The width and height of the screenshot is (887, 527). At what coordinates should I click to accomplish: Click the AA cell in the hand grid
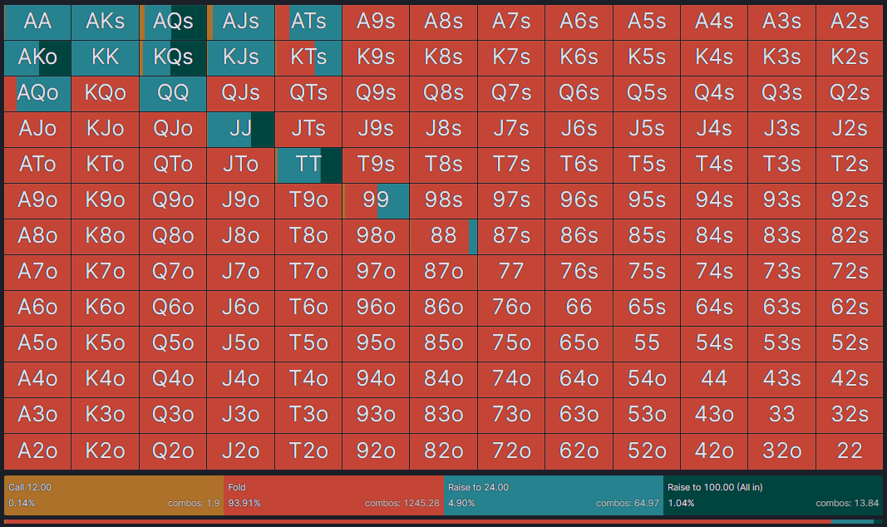(37, 22)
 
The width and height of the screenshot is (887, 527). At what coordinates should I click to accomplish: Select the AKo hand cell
(37, 57)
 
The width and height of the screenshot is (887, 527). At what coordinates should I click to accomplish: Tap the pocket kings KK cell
(106, 57)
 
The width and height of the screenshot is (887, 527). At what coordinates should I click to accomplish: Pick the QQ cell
(173, 93)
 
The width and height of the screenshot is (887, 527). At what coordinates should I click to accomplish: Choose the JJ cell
(240, 129)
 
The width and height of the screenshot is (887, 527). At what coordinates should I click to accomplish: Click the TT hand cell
(308, 165)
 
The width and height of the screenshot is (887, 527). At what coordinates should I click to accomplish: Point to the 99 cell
(376, 200)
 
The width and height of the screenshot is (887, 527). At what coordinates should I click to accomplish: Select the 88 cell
(443, 236)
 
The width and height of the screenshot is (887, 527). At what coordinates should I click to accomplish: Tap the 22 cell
(849, 451)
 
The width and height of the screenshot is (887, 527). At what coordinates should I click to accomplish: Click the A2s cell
(849, 22)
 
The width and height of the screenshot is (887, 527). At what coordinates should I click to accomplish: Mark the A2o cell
(37, 451)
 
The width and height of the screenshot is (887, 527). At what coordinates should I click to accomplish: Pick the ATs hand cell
(308, 22)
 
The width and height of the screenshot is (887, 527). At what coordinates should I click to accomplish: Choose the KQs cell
(173, 57)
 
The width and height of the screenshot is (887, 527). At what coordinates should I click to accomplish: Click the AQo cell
(37, 93)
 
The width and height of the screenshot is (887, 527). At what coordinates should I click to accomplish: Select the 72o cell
(511, 451)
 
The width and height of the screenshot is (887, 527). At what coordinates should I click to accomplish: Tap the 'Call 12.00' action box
(114, 495)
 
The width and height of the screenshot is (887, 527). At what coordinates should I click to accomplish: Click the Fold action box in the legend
(333, 495)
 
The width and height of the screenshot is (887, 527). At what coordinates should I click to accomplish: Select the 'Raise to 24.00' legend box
(553, 495)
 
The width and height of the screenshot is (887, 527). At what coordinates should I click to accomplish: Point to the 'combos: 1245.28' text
(402, 504)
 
